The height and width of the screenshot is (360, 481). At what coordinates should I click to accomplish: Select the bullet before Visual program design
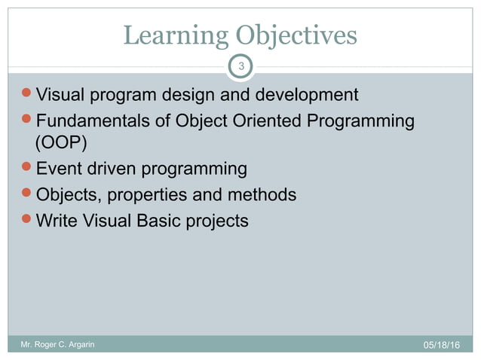tap(29, 96)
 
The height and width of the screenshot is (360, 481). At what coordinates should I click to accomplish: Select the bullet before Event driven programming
tap(29, 169)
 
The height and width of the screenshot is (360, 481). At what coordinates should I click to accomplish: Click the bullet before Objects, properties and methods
tap(29, 194)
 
